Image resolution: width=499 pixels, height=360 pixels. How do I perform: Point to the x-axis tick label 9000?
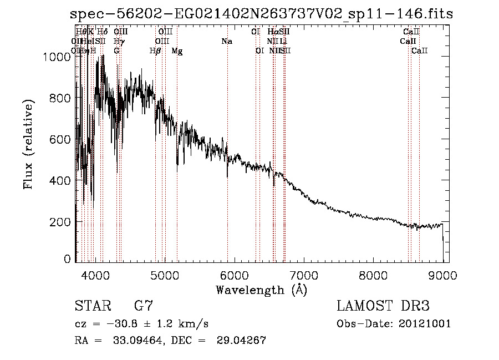(x=442, y=275)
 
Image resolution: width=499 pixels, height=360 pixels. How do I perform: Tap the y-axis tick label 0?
(x=67, y=259)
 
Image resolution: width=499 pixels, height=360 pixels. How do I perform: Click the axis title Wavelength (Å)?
(x=261, y=290)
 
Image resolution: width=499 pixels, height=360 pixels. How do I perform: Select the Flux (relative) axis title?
(x=28, y=144)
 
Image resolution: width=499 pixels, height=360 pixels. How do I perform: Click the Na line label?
(x=226, y=42)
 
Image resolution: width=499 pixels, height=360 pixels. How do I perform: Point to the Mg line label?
(x=177, y=51)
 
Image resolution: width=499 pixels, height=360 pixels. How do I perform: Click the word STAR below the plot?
(x=92, y=306)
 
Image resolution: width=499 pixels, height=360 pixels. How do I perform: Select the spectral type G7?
(x=143, y=306)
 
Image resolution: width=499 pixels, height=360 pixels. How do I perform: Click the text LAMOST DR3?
(x=383, y=306)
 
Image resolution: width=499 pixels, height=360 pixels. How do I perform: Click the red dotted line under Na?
(x=227, y=111)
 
